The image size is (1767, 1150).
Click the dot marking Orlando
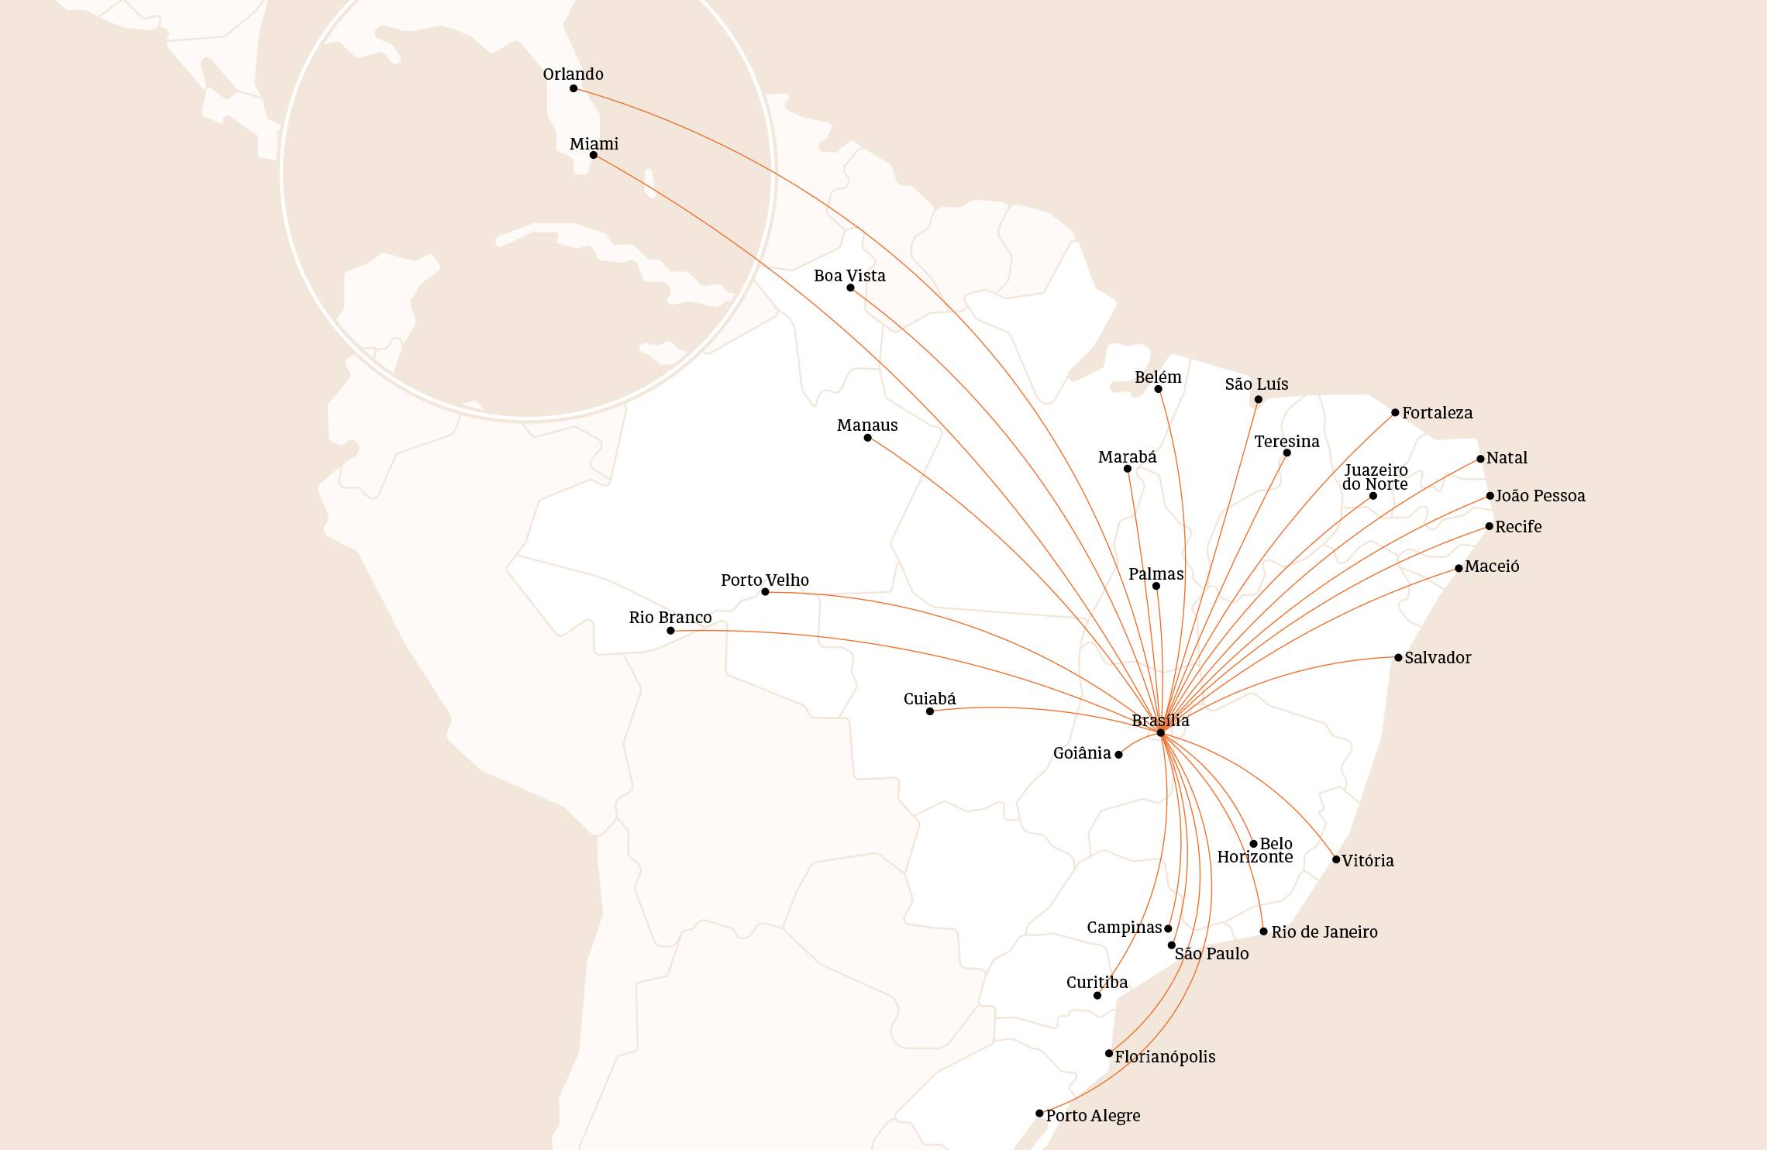573,88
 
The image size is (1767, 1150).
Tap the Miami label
594,144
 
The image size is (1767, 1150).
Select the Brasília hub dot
1160,733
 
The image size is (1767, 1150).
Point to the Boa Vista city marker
850,288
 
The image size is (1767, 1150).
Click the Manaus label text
867,425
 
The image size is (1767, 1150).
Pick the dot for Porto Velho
765,592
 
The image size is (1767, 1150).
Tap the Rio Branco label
670,618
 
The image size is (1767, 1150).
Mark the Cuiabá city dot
930,711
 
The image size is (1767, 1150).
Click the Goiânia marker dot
1118,755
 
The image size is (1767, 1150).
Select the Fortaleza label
1437,413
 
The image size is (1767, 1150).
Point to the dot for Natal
1480,459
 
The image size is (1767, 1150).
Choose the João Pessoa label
1540,496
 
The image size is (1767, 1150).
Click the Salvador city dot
1398,658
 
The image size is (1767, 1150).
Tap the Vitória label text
1368,861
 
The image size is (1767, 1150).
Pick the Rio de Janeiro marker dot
1264,931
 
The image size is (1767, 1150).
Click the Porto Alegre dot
1039,1114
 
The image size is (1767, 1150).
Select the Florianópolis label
1165,1057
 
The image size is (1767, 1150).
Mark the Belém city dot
1158,389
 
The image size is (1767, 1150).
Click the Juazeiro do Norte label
1376,477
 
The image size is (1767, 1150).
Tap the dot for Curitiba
1097,996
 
